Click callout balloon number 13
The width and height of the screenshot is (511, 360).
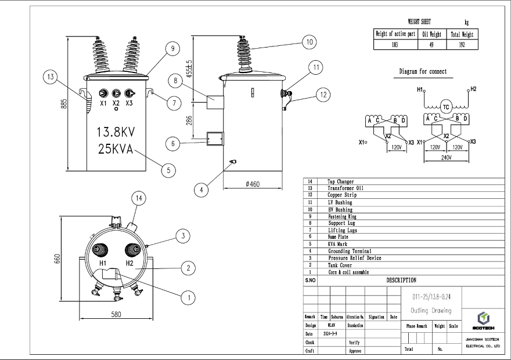[51, 77]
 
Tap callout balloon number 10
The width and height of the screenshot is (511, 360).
[308, 42]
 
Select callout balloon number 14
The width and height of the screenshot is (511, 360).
[138, 199]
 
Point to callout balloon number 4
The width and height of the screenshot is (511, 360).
[201, 188]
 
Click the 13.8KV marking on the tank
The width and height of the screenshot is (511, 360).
[116, 132]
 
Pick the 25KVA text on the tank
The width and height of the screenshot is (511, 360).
[116, 148]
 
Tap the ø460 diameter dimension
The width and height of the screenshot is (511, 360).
[253, 184]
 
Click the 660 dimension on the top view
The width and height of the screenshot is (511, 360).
[57, 258]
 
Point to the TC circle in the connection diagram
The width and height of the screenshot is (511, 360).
[446, 107]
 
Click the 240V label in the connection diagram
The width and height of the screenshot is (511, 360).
[446, 158]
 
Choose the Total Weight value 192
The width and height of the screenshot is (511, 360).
[462, 44]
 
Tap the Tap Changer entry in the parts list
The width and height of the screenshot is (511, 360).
[340, 181]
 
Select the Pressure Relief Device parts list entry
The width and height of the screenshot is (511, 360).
[354, 258]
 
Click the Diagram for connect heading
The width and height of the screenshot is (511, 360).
[423, 71]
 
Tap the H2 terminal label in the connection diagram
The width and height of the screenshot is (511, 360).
[473, 89]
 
